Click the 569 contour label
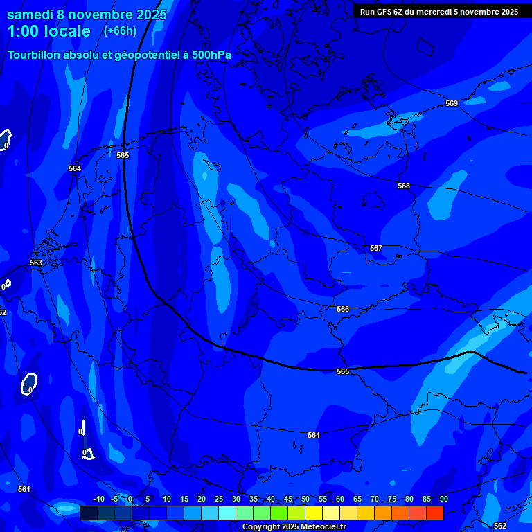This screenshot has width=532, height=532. [452, 103]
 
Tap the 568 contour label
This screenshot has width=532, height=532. [404, 186]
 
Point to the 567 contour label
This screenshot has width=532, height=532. [376, 248]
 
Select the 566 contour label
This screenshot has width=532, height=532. [343, 309]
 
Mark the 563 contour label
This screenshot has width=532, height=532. [36, 263]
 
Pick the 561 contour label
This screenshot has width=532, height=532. [24, 489]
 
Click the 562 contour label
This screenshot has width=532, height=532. [500, 526]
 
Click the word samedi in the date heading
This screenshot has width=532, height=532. [30, 15]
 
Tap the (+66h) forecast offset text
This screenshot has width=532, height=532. [120, 31]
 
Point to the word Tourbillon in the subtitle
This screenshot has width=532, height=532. [34, 55]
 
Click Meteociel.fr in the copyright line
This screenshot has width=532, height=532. [323, 527]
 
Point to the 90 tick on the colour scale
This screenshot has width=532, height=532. [444, 499]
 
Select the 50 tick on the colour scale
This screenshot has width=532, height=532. [305, 499]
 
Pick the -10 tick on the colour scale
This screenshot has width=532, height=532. [98, 499]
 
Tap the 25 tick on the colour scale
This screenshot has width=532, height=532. [219, 499]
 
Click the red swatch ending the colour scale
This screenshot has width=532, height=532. [435, 513]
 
